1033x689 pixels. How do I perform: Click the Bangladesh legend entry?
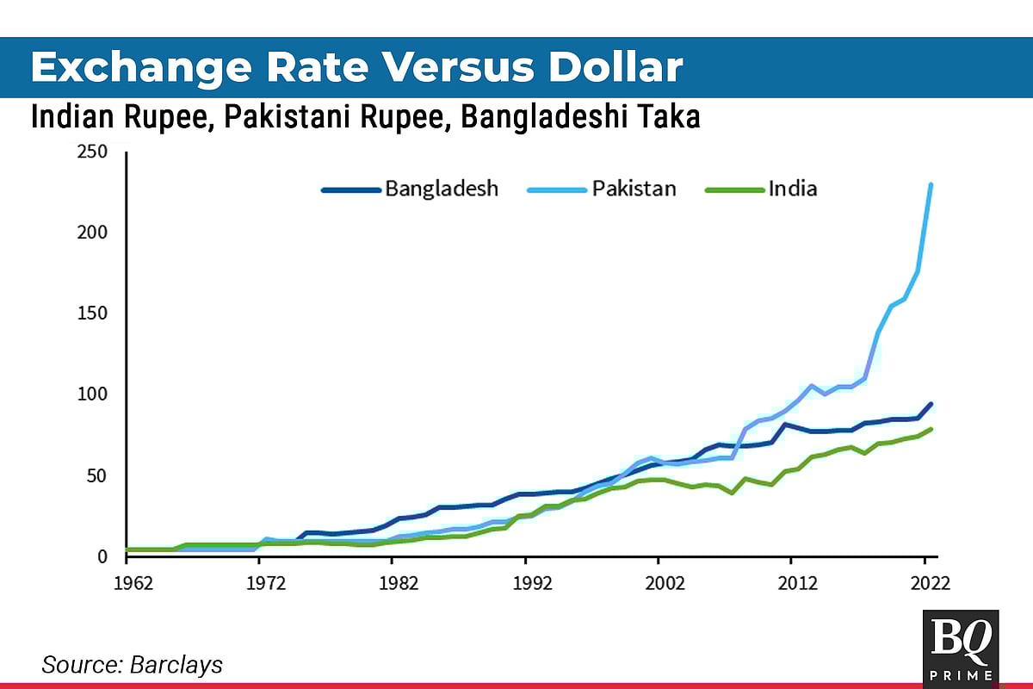[x=441, y=189]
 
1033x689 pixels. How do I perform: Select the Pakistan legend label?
[x=633, y=189]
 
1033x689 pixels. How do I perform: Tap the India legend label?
[x=792, y=189]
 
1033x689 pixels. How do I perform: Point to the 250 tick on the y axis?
[x=91, y=152]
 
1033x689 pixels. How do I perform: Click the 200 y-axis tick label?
[x=91, y=233]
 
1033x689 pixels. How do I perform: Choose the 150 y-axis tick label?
[x=91, y=313]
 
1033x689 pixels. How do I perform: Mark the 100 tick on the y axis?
[x=91, y=394]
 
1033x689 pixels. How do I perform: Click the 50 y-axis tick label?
[x=96, y=475]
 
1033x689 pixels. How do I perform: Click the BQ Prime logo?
[x=960, y=648]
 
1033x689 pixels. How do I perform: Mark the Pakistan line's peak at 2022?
[x=931, y=185]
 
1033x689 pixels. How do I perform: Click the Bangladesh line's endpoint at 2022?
[x=931, y=404]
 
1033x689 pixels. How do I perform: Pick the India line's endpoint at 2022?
[x=931, y=429]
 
